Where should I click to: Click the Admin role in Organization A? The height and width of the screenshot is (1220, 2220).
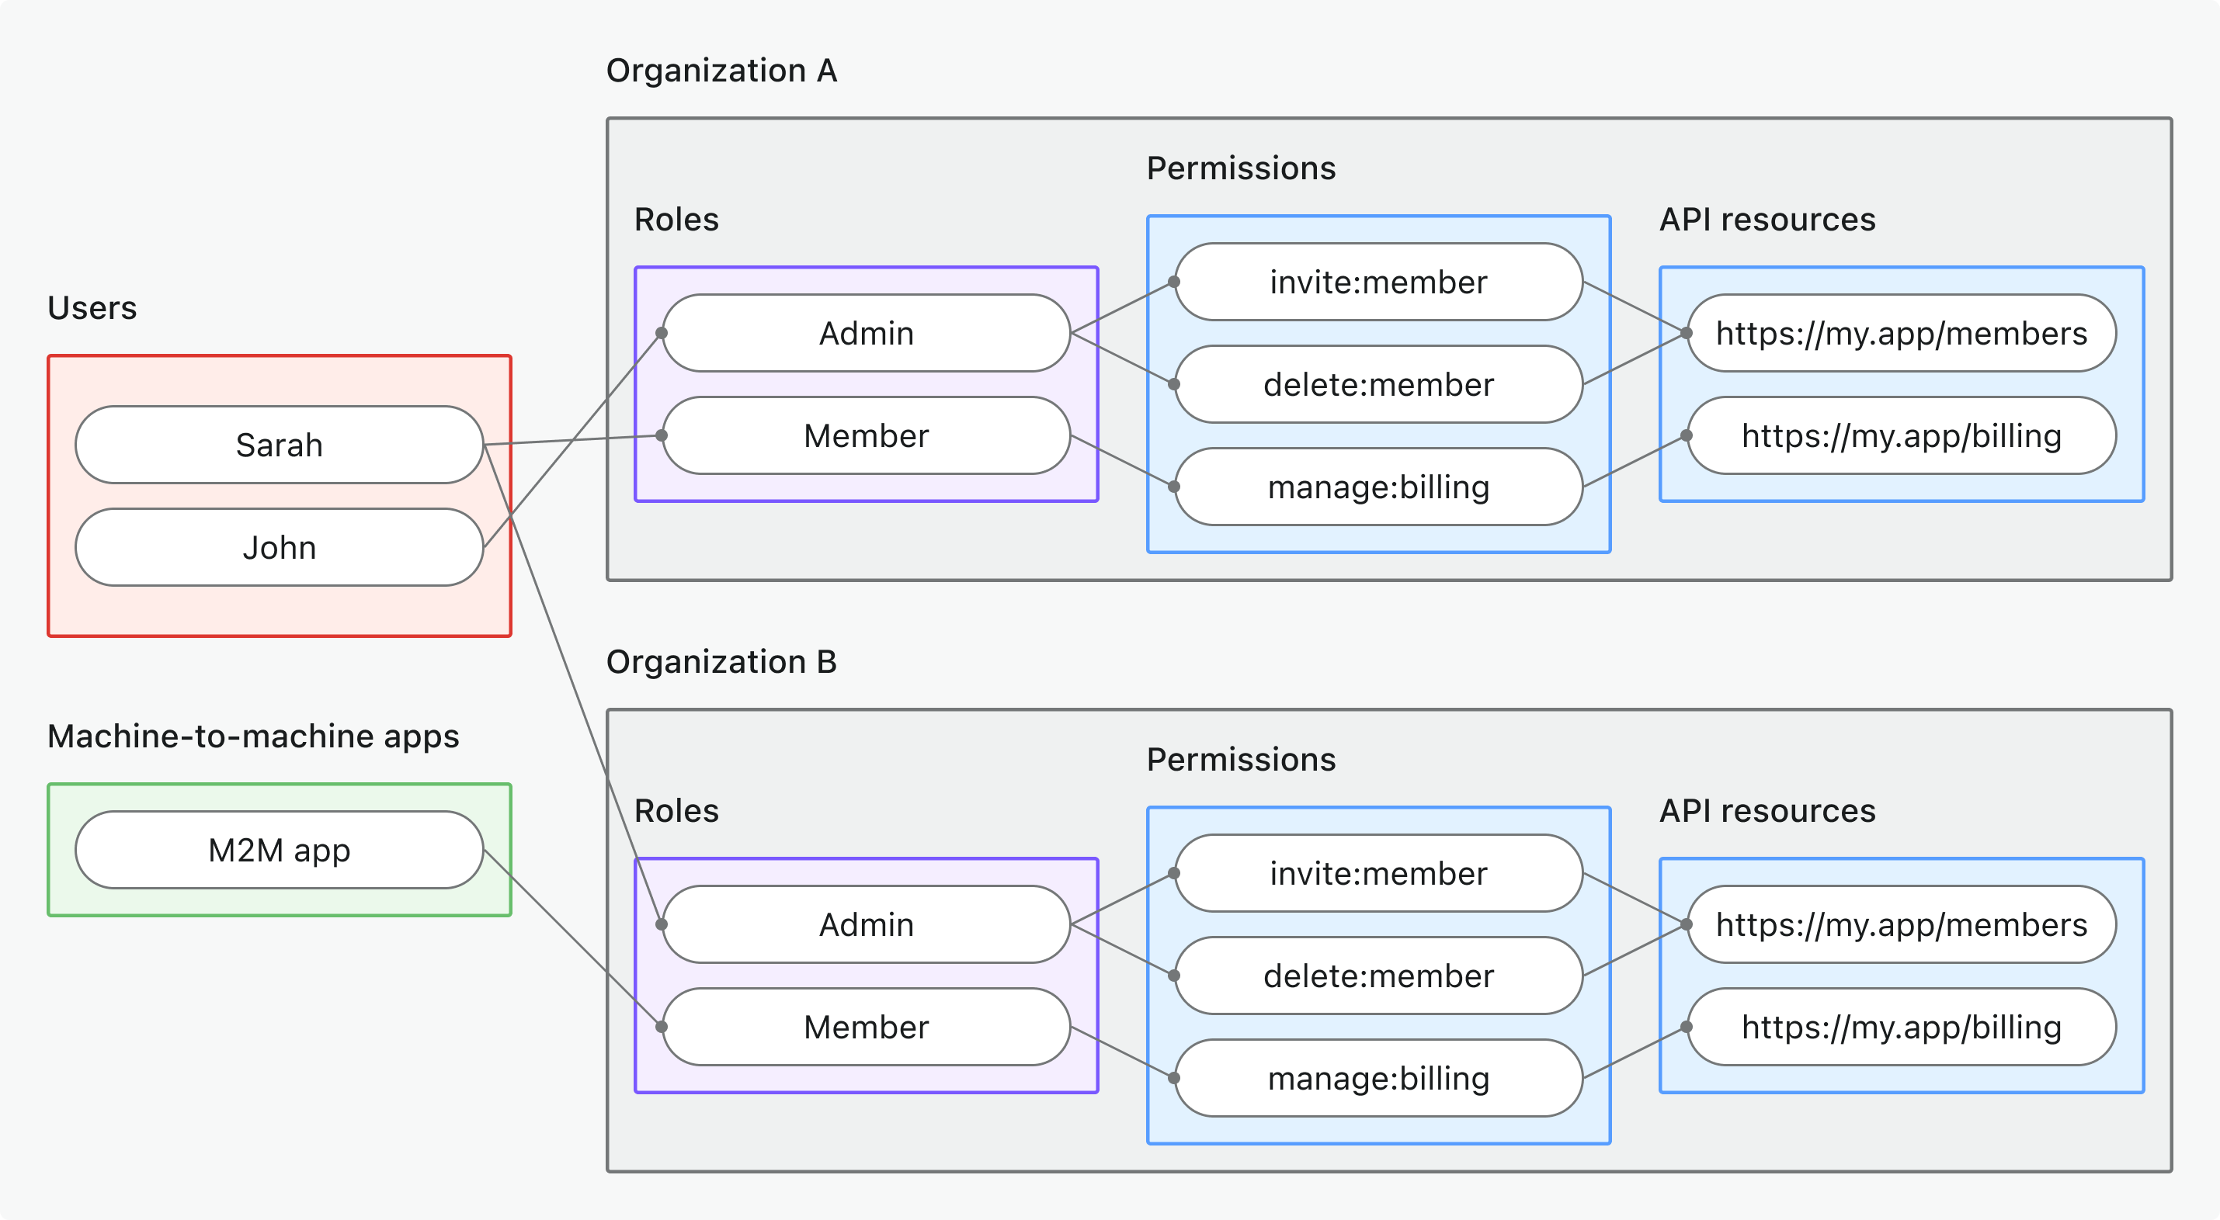click(866, 334)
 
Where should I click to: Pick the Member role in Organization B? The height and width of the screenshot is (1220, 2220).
click(866, 1027)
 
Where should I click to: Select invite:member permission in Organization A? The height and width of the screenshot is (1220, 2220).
click(1378, 282)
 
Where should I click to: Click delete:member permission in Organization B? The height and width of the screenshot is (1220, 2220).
click(1378, 976)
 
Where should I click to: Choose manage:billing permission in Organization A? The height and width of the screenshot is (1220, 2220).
click(1378, 487)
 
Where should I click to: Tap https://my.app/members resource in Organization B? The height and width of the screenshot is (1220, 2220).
click(1901, 924)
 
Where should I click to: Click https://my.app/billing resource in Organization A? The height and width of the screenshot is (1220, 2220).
click(1901, 436)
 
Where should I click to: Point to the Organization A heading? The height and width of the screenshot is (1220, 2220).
click(721, 71)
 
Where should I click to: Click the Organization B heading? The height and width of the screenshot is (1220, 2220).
click(721, 662)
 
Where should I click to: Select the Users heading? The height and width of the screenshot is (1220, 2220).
click(92, 307)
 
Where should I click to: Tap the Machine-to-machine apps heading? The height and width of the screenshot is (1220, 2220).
click(252, 736)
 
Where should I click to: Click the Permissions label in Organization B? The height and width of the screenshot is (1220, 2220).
click(1240, 759)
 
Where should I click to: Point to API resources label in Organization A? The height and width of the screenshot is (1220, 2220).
click(1767, 220)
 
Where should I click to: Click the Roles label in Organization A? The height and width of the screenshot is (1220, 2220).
click(676, 220)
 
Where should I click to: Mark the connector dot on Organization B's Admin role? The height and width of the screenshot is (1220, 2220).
click(661, 924)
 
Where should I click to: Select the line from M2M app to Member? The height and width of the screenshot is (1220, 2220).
click(573, 939)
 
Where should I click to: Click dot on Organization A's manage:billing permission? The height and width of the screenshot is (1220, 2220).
click(1174, 487)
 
